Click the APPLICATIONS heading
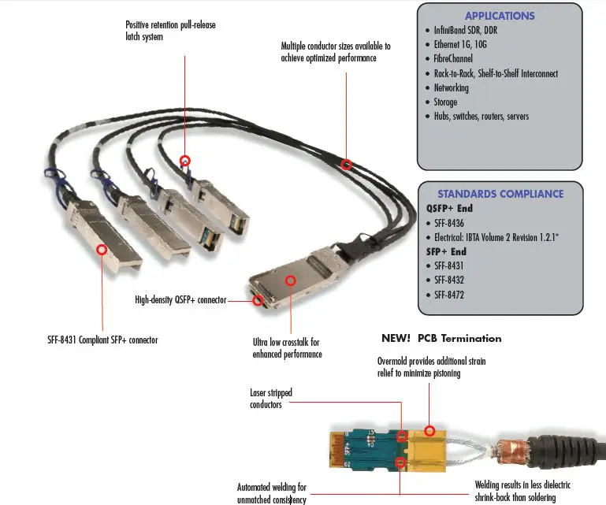[500, 16]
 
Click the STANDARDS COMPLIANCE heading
[500, 194]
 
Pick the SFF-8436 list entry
[452, 223]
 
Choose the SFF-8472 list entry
[452, 295]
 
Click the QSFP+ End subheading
[449, 209]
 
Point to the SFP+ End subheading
[446, 251]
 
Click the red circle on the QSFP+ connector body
[291, 280]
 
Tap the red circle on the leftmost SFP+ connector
[102, 249]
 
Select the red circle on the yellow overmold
[429, 430]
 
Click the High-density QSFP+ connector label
[180, 300]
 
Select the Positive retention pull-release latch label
[170, 31]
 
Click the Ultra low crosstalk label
[287, 348]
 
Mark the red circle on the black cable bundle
[346, 165]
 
